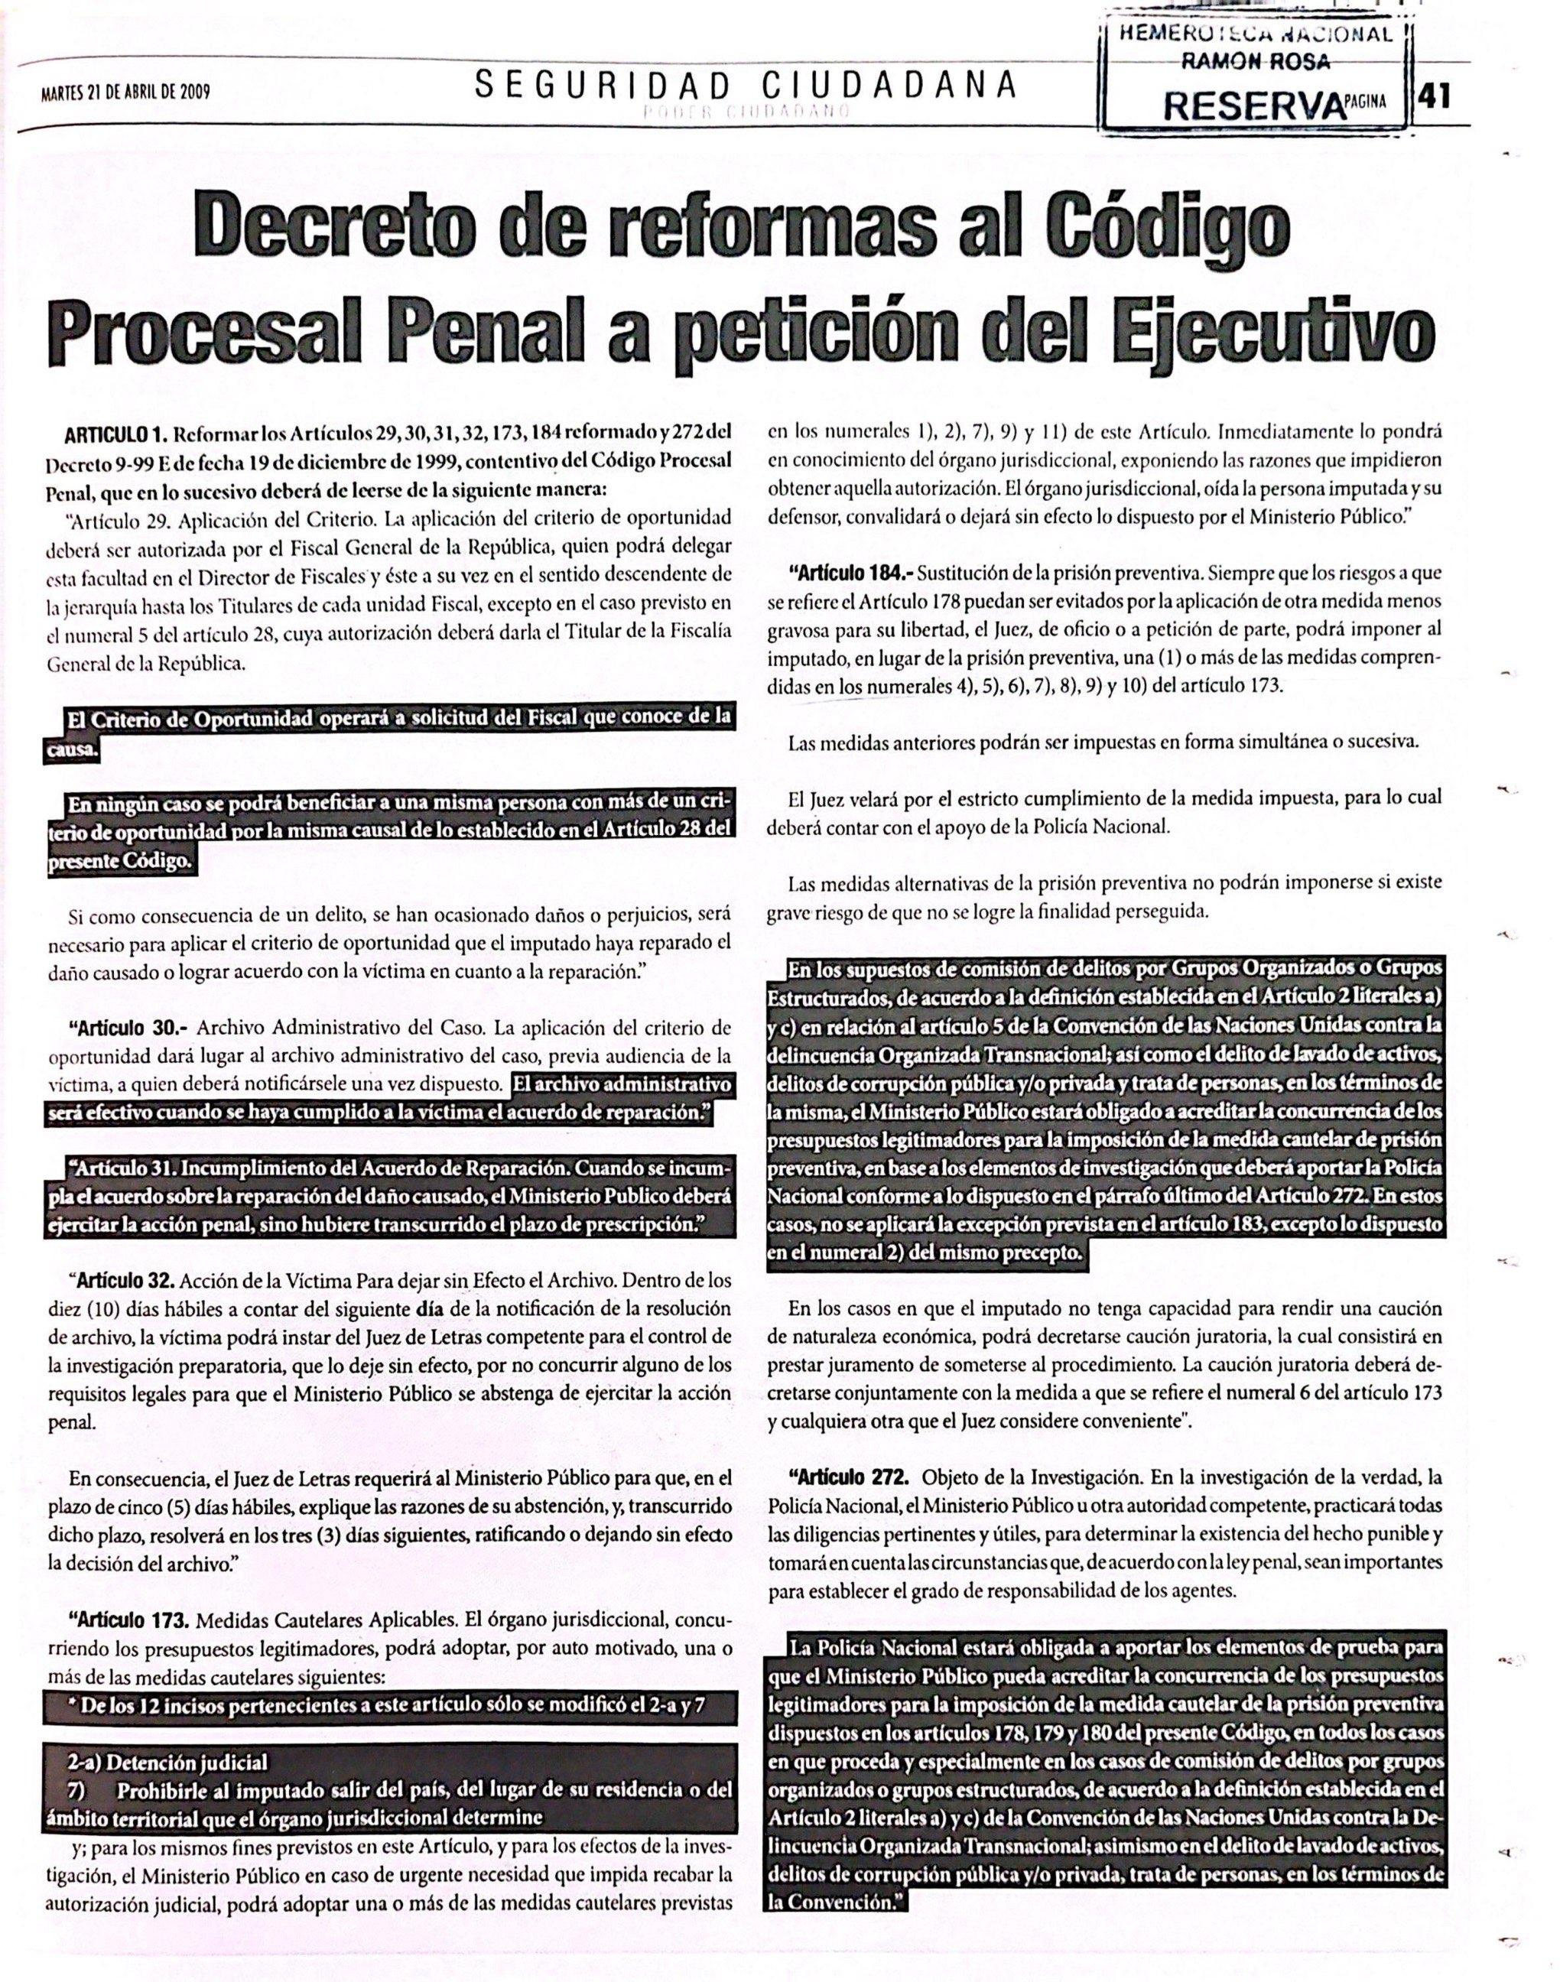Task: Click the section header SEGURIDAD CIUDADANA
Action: pos(744,85)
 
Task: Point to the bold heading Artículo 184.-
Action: pos(850,574)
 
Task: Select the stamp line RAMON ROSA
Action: pos(1252,61)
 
